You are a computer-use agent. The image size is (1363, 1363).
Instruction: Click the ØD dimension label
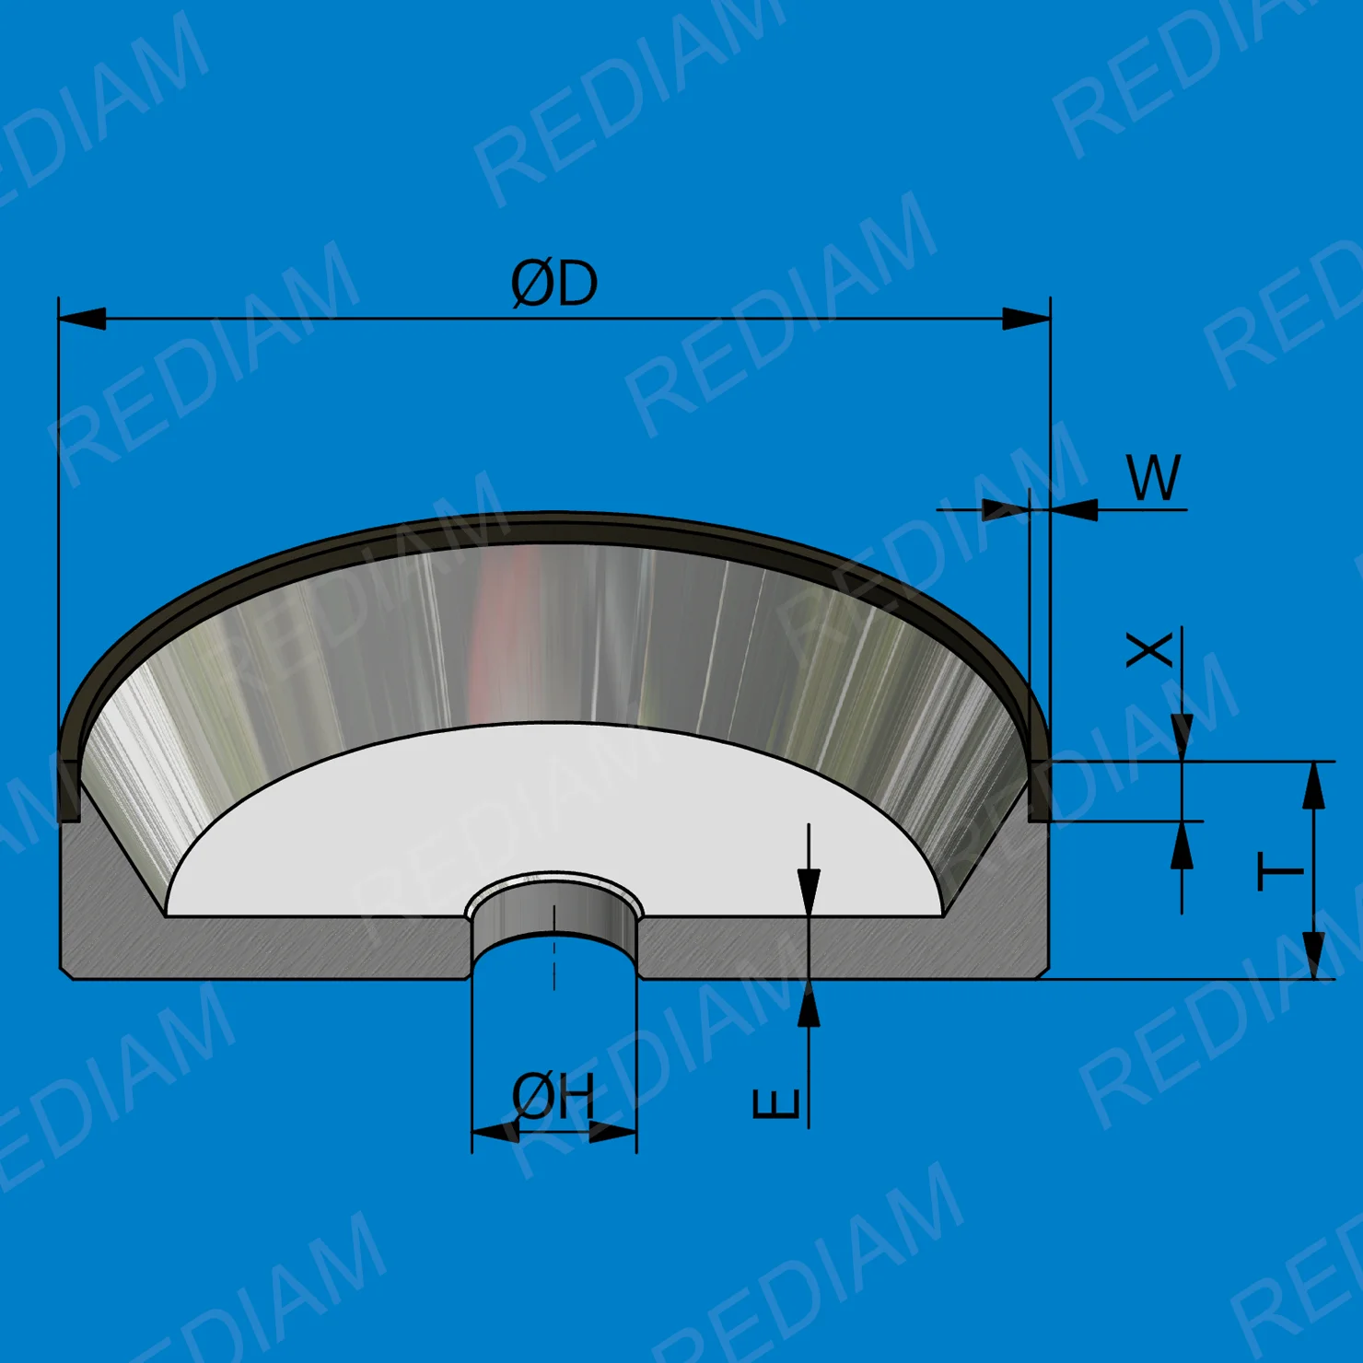554,284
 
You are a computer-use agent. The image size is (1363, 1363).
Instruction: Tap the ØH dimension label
553,1096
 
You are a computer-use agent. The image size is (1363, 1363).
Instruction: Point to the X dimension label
1150,648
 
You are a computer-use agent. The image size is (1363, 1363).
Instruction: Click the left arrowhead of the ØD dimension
82,319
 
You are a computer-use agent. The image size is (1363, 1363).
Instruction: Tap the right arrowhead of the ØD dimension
1026,319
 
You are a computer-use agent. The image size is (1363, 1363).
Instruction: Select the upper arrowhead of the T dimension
1314,786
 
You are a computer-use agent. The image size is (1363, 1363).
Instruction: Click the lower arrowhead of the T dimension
1314,955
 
